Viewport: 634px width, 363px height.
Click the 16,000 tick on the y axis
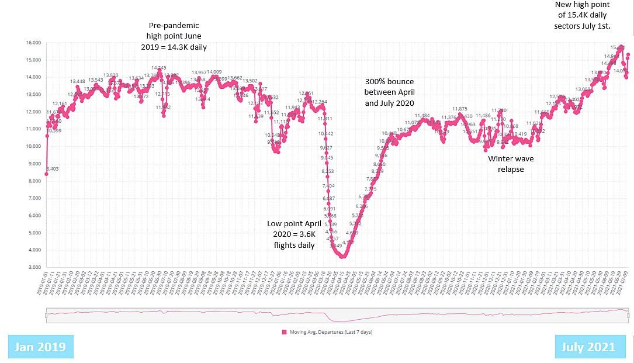32,43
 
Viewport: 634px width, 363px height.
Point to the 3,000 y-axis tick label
34,267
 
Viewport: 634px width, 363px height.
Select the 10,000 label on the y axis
32,146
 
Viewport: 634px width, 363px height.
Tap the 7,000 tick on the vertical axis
34,198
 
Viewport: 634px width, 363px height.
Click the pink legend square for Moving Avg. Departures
285,332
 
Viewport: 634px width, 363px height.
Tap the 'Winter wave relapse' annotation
511,164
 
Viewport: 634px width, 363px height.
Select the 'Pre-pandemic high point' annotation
173,36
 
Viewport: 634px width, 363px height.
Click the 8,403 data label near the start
52,168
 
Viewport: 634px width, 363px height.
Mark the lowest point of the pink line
343,256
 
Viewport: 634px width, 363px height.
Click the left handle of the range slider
46,316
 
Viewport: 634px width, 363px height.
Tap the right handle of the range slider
628,316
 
